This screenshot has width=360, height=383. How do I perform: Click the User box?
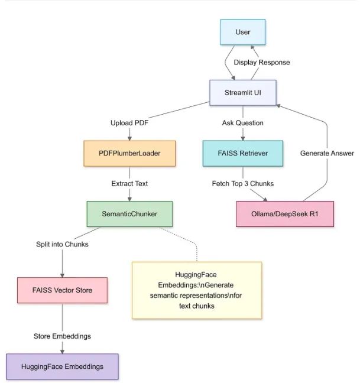coord(243,33)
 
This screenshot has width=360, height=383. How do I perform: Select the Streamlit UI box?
coord(243,92)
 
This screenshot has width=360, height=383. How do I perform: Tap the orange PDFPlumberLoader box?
coord(129,152)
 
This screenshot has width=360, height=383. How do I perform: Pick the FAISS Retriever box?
coord(242,152)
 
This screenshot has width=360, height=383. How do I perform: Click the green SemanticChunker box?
coord(129,214)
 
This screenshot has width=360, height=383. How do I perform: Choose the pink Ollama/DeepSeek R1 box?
coord(285,214)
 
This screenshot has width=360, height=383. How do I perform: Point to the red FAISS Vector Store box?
coord(62,290)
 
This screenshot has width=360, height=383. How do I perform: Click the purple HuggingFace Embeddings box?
coord(62,366)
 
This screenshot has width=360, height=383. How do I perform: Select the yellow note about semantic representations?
coord(197,290)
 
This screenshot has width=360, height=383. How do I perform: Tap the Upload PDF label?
coord(129,123)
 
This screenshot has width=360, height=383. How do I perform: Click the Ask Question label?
coord(242,123)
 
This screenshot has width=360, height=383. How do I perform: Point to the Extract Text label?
coord(129,183)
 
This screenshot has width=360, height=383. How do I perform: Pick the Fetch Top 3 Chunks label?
coord(242,183)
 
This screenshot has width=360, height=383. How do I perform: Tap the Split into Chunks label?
coord(62,244)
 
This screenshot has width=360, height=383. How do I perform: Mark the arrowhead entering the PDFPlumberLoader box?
coord(129,138)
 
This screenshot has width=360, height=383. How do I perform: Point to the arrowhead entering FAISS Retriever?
coord(242,138)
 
